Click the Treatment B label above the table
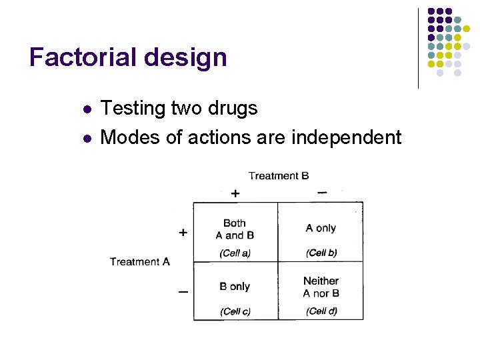pyautogui.click(x=278, y=176)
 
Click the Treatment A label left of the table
pyautogui.click(x=140, y=261)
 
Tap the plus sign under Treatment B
pyautogui.click(x=235, y=193)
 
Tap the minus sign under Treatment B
pyautogui.click(x=322, y=193)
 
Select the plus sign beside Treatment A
pyautogui.click(x=183, y=233)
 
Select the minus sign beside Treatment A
pyautogui.click(x=183, y=291)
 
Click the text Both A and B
pyautogui.click(x=235, y=229)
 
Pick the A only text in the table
pyautogui.click(x=321, y=229)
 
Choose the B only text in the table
pyautogui.click(x=235, y=287)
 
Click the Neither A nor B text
pyautogui.click(x=321, y=287)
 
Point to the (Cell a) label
pyautogui.click(x=235, y=253)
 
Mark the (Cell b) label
pyautogui.click(x=321, y=253)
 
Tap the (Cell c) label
pyautogui.click(x=235, y=311)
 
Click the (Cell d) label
pyautogui.click(x=321, y=311)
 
